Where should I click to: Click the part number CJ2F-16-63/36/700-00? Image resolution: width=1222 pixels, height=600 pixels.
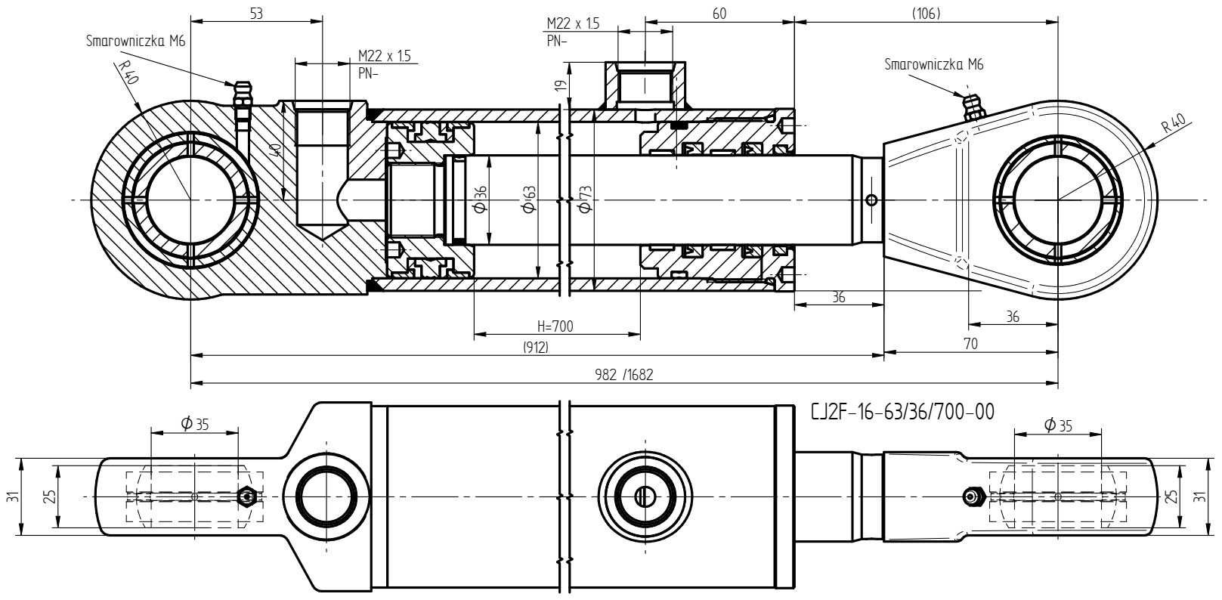pyautogui.click(x=903, y=412)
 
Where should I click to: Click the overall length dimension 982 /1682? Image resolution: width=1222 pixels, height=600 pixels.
pyautogui.click(x=623, y=375)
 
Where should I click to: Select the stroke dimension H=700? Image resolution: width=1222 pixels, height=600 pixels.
pyautogui.click(x=555, y=326)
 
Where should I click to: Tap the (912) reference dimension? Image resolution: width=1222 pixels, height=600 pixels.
pyautogui.click(x=535, y=348)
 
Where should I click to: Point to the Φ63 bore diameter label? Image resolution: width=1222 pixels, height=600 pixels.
pyautogui.click(x=529, y=199)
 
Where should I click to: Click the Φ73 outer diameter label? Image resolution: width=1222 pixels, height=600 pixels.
pyautogui.click(x=585, y=199)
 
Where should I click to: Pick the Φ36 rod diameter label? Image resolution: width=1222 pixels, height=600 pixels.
pyautogui.click(x=480, y=199)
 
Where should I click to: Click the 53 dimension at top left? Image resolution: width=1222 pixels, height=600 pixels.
pyautogui.click(x=256, y=13)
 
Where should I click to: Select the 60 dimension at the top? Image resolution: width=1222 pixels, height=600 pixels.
pyautogui.click(x=719, y=14)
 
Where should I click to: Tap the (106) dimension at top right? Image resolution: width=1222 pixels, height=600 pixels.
pyautogui.click(x=927, y=14)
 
